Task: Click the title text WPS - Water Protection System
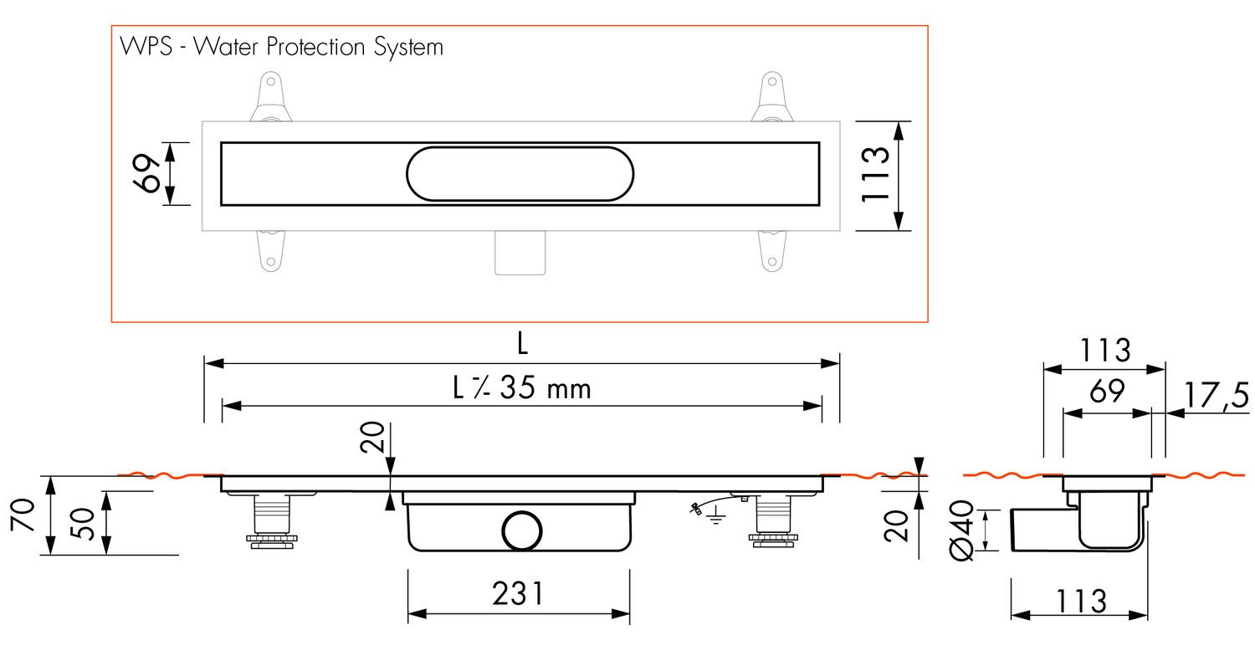point(281,47)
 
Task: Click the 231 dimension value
point(518,594)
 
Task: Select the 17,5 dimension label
point(1217,396)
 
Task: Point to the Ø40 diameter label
point(962,530)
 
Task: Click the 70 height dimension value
point(23,515)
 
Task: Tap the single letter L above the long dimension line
point(522,343)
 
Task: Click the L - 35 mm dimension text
point(521,387)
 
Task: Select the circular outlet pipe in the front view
point(521,531)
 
